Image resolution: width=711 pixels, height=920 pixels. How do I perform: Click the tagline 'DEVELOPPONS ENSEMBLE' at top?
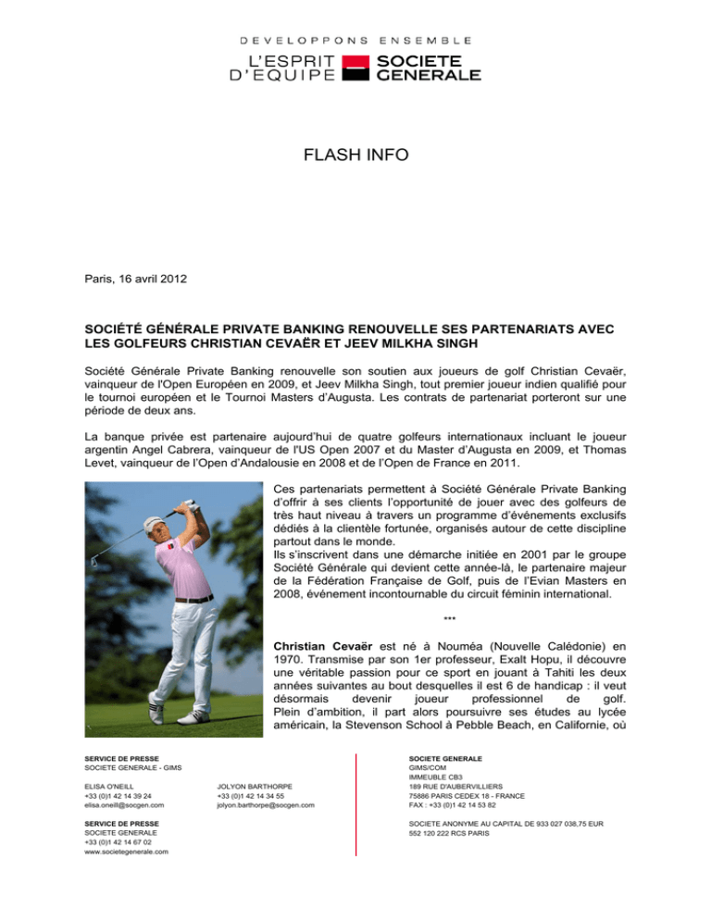355,41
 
